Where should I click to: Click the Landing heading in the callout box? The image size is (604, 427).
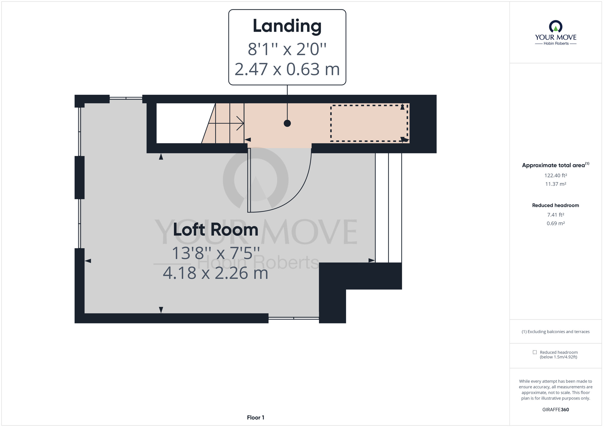[x=287, y=26]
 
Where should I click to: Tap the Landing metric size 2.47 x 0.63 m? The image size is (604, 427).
[x=287, y=69]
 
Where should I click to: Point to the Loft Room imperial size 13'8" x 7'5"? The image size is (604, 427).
[x=216, y=253]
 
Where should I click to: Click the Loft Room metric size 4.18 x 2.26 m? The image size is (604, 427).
[x=216, y=273]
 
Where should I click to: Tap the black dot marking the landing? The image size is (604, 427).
[x=287, y=123]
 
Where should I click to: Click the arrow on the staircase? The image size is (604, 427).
[x=226, y=123]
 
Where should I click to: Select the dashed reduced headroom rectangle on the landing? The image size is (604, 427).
[x=369, y=106]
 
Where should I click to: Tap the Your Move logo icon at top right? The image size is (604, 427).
[x=556, y=26]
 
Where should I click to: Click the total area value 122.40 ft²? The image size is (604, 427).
[x=556, y=175]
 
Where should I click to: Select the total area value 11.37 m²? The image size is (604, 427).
[x=556, y=184]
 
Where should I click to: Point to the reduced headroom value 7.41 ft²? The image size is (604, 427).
[x=556, y=215]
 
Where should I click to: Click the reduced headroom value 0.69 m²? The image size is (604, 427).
[x=556, y=223]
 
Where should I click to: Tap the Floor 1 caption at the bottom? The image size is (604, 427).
[x=255, y=418]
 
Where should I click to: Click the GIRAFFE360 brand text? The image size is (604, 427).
[x=556, y=410]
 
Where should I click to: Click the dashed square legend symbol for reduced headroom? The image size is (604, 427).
[x=535, y=352]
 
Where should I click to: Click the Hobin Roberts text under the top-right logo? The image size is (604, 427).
[x=556, y=43]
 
